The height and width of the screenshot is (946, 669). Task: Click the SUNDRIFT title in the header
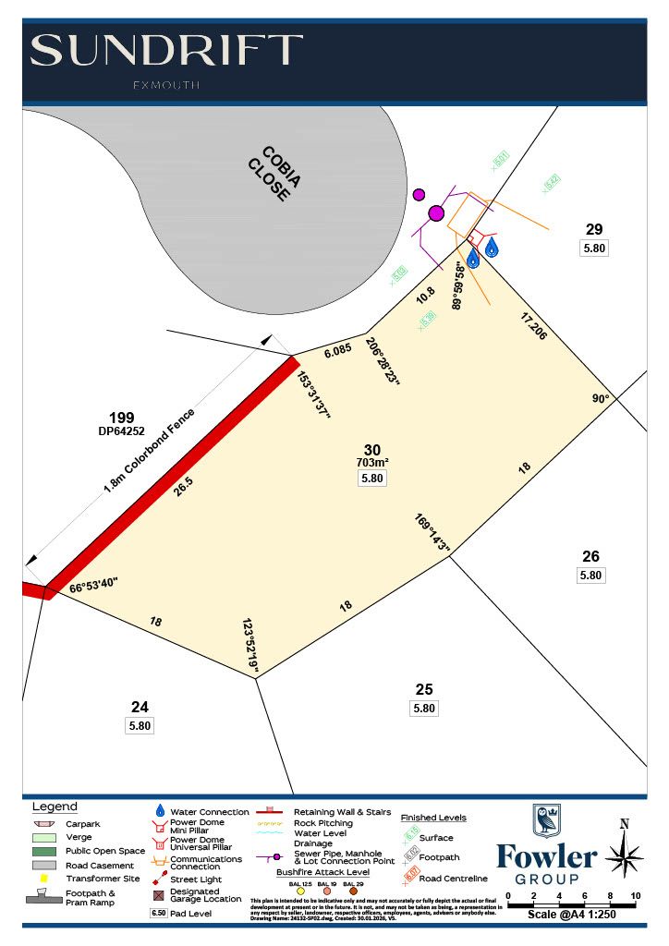click(x=166, y=51)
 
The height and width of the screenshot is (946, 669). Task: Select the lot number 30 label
click(x=372, y=449)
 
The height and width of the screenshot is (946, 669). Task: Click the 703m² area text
click(x=372, y=462)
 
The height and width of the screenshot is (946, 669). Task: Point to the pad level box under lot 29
click(x=594, y=248)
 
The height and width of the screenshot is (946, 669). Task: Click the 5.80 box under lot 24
click(x=140, y=725)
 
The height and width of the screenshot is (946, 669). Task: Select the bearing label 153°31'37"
click(x=313, y=395)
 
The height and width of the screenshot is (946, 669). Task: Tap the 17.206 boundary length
click(x=533, y=326)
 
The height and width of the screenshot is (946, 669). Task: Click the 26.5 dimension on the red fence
click(x=186, y=486)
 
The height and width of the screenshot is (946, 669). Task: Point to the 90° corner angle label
click(x=602, y=399)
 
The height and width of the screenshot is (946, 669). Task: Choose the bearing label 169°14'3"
click(x=432, y=535)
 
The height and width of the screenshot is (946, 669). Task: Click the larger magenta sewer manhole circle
click(x=436, y=213)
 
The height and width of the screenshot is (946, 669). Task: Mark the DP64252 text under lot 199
click(x=121, y=431)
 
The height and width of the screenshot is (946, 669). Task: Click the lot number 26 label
click(x=590, y=556)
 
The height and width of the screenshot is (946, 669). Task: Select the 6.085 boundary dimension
click(x=337, y=351)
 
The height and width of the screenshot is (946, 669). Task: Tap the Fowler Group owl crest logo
click(x=546, y=820)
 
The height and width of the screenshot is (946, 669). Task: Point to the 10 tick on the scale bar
click(x=636, y=896)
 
